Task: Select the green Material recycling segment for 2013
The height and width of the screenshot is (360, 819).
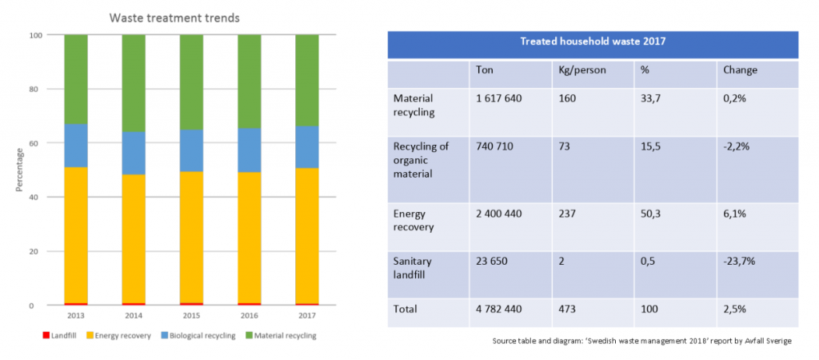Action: point(76,79)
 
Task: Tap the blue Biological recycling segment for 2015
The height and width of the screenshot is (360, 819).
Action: point(191,150)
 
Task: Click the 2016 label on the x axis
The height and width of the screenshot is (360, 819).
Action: point(249,316)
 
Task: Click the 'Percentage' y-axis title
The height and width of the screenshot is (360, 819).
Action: point(18,169)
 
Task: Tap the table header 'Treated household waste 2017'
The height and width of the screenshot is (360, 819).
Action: point(593,42)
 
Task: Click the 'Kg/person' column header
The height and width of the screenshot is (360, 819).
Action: point(581,70)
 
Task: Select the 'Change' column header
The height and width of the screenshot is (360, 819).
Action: point(740,70)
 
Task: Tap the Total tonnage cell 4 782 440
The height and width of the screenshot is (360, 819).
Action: point(501,308)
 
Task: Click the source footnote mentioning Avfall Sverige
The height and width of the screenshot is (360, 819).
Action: point(642,342)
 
